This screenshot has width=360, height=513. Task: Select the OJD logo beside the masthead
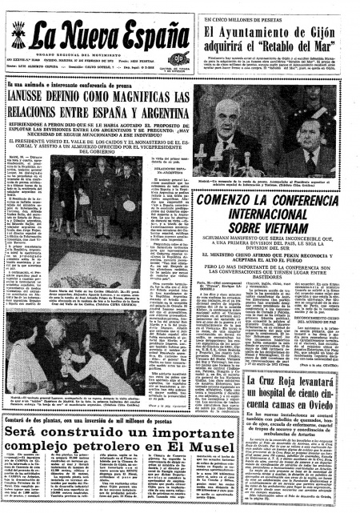point(182,58)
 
